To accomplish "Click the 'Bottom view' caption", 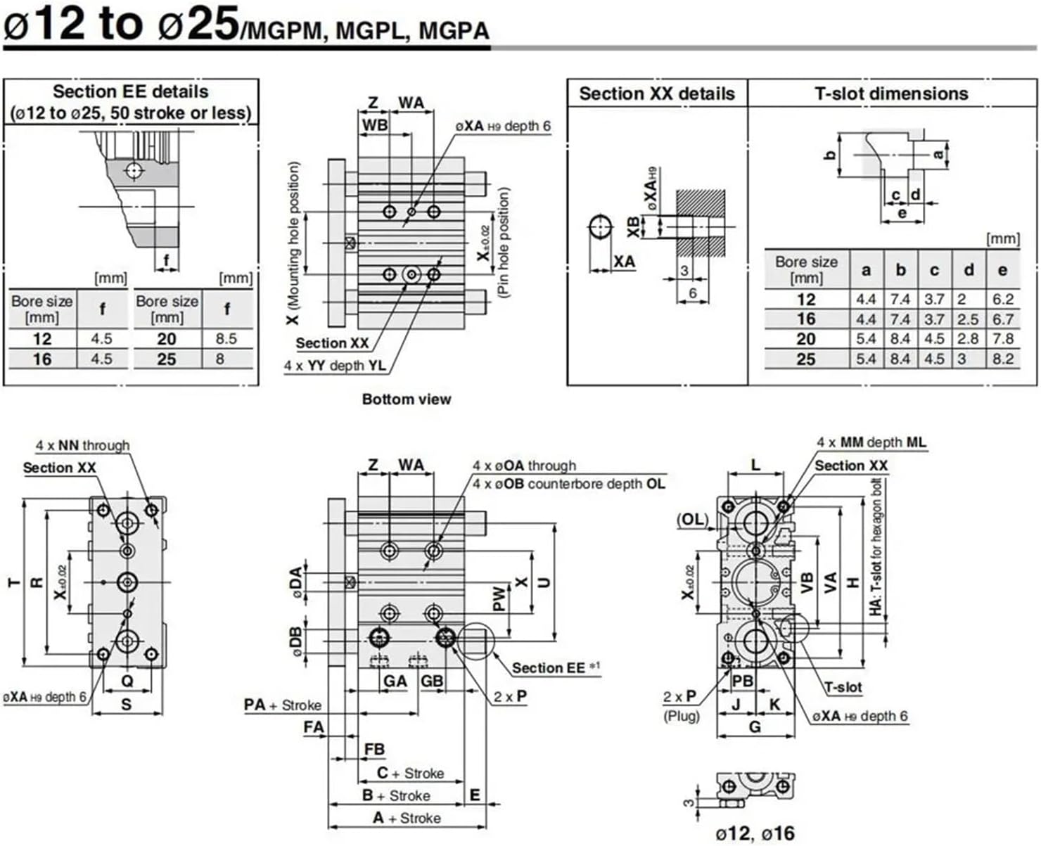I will (x=406, y=399).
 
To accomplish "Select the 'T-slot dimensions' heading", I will (x=891, y=94).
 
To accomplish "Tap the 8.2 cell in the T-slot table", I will (x=1003, y=359).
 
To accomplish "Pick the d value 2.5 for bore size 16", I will (x=969, y=319).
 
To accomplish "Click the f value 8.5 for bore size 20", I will (x=226, y=339).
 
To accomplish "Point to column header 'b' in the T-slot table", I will (x=900, y=271).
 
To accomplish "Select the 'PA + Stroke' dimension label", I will (x=282, y=705).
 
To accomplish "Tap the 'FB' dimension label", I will (x=374, y=750).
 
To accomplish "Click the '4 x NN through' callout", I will (x=83, y=445).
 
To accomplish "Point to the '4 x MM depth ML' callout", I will (x=871, y=442).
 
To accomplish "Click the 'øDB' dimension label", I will (x=296, y=641).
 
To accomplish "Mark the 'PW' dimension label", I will (x=499, y=598).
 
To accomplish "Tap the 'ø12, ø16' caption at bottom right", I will (x=755, y=834).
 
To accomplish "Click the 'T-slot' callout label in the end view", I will (x=843, y=687).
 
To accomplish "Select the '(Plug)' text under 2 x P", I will (x=681, y=716).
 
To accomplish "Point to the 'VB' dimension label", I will (x=807, y=582).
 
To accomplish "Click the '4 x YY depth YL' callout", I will (x=334, y=366).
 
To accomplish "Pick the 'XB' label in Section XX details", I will (x=633, y=226).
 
